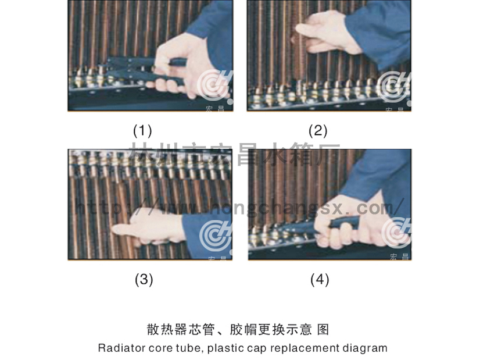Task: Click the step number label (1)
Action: pos(142,129)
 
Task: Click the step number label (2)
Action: pos(318,130)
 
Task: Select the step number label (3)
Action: pos(144,280)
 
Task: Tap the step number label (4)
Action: pos(320,280)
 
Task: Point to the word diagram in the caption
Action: pos(364,348)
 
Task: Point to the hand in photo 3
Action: pos(145,227)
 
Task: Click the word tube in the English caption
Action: pos(178,348)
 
